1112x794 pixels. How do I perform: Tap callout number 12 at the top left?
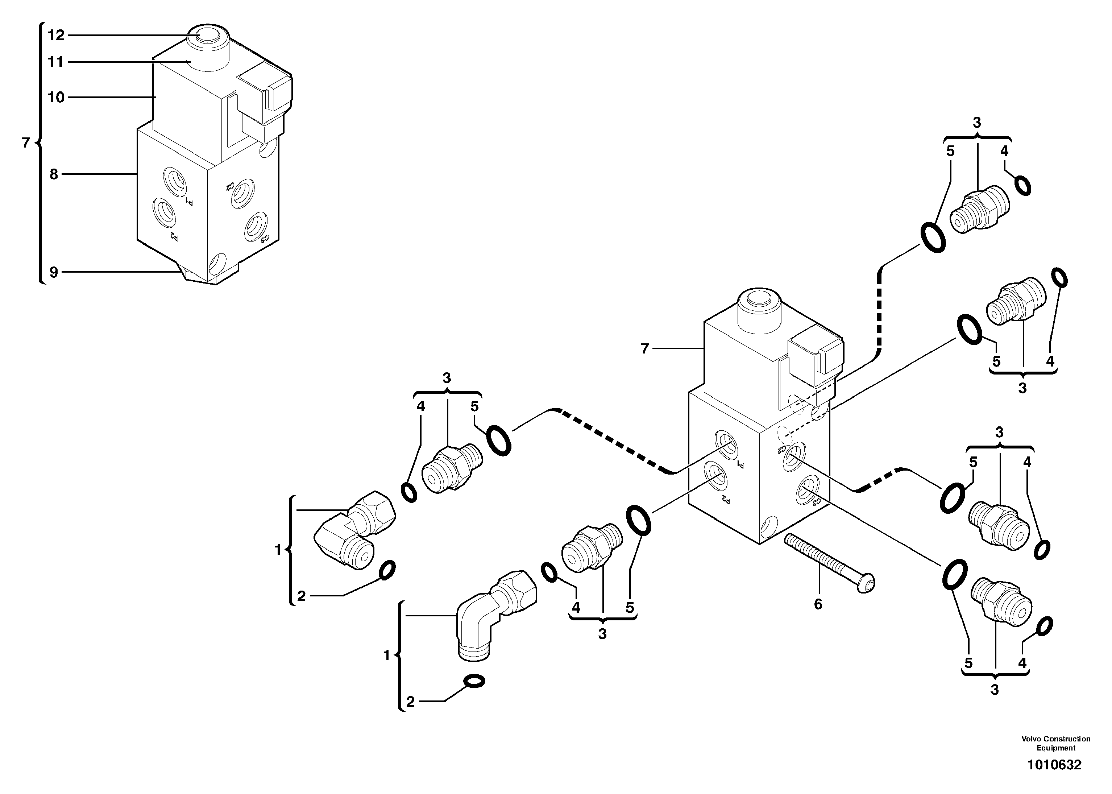[56, 35]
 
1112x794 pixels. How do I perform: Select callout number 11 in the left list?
[56, 62]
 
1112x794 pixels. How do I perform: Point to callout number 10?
[56, 97]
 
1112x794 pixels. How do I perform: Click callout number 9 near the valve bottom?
[54, 272]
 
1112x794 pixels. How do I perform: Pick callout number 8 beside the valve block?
[54, 174]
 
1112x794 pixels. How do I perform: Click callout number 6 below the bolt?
[818, 604]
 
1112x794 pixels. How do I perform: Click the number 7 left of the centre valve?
[645, 348]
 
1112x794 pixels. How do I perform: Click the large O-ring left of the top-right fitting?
[933, 237]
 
